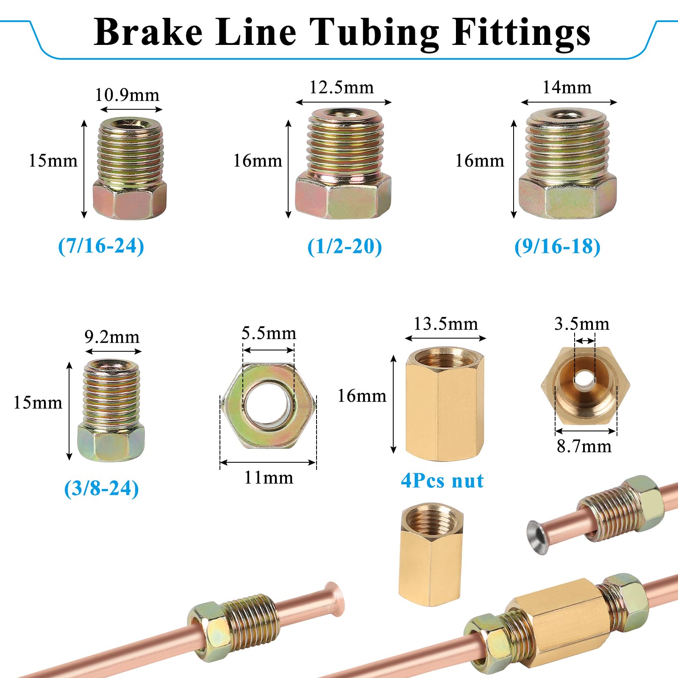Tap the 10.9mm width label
coord(127,94)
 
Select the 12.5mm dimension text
coord(342,87)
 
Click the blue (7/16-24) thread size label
coord(101,246)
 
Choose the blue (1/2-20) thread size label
coord(345,246)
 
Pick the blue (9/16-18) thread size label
coord(557,246)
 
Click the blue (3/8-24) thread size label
coord(101,488)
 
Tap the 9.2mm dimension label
coord(112,337)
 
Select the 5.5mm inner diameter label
coord(269,333)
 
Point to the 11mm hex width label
coord(269,478)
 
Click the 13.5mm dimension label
coord(446,324)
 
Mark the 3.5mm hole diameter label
coord(582,324)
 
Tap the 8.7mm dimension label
coord(584,446)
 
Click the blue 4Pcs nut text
coord(442,481)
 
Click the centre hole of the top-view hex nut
coord(268,405)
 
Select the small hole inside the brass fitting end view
coord(584,378)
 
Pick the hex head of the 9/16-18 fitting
coord(567,196)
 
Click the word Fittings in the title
coord(521,33)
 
